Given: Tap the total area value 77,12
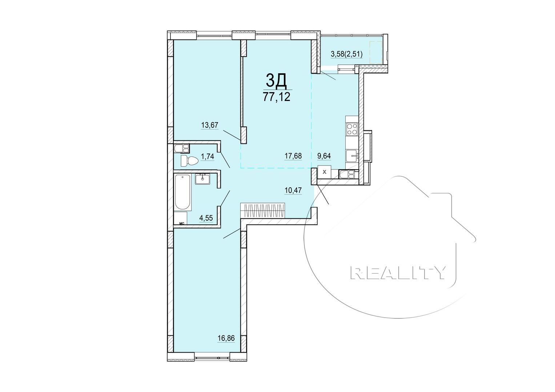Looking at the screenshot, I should [277, 97].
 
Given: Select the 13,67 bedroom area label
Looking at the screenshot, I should [209, 125].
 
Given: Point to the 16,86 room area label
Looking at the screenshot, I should [226, 338].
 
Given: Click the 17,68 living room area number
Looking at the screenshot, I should [293, 156].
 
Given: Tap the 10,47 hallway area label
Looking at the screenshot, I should [293, 189].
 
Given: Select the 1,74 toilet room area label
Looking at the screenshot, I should [207, 157].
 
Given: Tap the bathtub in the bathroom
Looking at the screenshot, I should [182, 192].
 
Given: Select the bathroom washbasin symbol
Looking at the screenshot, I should [202, 179].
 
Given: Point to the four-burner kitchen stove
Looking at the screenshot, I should [352, 129].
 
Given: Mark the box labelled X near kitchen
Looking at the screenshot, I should [325, 172].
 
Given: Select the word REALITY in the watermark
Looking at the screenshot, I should [398, 272].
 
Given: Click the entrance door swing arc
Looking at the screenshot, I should [309, 232].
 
